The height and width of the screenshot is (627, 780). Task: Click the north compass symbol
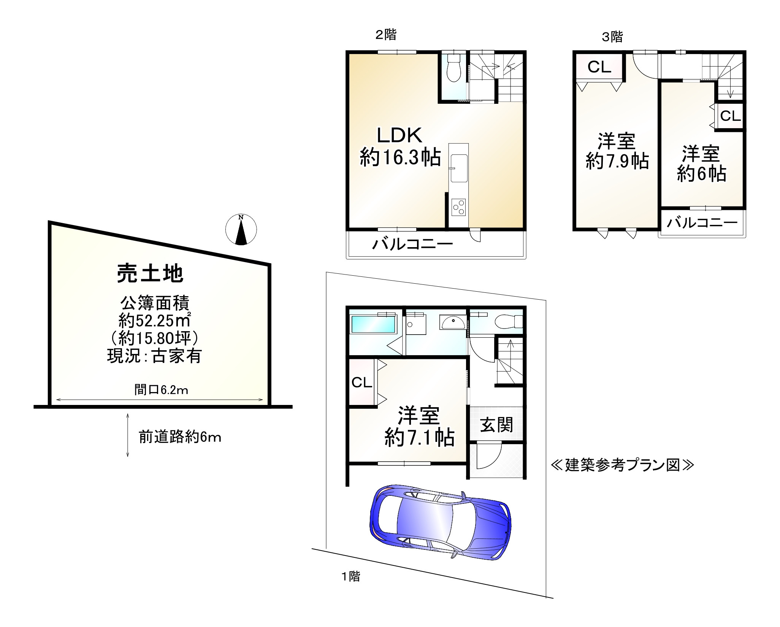click(241, 230)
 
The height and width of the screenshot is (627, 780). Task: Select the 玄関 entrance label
click(496, 425)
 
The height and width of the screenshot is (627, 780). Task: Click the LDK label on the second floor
click(399, 136)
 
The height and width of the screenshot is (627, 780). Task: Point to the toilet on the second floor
click(453, 69)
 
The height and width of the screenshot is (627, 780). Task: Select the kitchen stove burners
click(458, 207)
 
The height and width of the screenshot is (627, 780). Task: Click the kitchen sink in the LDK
click(458, 169)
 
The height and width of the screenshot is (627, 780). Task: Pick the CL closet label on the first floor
click(361, 383)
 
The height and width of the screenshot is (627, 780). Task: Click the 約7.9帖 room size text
click(617, 162)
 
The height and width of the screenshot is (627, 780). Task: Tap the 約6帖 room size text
click(701, 174)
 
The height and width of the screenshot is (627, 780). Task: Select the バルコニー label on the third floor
click(702, 222)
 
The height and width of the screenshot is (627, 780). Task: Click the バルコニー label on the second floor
click(412, 243)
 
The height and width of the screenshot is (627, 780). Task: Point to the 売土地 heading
click(150, 274)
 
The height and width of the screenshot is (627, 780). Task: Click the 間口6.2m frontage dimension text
click(161, 390)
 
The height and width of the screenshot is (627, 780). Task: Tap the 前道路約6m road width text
click(180, 437)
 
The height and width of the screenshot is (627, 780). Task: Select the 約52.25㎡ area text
click(154, 321)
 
